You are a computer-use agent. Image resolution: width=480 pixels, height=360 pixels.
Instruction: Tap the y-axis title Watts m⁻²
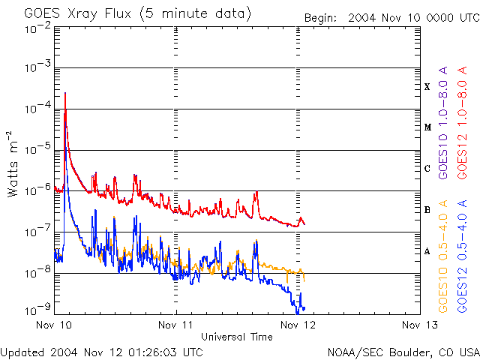13,163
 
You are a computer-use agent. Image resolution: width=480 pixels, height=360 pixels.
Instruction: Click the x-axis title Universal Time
236,337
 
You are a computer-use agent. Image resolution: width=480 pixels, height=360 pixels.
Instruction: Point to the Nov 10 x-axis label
55,325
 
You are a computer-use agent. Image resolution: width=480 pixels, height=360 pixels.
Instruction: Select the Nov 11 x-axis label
176,325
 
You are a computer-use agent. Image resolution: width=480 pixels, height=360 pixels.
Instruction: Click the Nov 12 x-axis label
298,325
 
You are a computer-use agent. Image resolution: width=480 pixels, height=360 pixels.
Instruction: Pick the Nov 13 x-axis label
419,325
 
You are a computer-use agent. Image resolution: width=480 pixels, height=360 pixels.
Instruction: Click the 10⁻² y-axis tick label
37,28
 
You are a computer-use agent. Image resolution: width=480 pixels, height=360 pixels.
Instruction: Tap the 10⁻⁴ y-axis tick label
37,109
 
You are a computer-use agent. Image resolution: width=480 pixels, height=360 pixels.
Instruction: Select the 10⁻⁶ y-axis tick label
37,191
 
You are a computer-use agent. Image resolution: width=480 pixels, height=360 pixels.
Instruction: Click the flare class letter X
427,87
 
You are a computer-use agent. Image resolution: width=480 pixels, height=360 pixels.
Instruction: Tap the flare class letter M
427,127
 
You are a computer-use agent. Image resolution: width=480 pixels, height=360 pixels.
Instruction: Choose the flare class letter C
427,169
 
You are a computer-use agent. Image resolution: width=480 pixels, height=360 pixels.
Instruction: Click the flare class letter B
427,210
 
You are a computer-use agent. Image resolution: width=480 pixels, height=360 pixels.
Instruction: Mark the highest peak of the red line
66,93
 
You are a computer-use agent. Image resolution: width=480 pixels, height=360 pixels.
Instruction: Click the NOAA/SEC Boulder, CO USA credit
403,351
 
